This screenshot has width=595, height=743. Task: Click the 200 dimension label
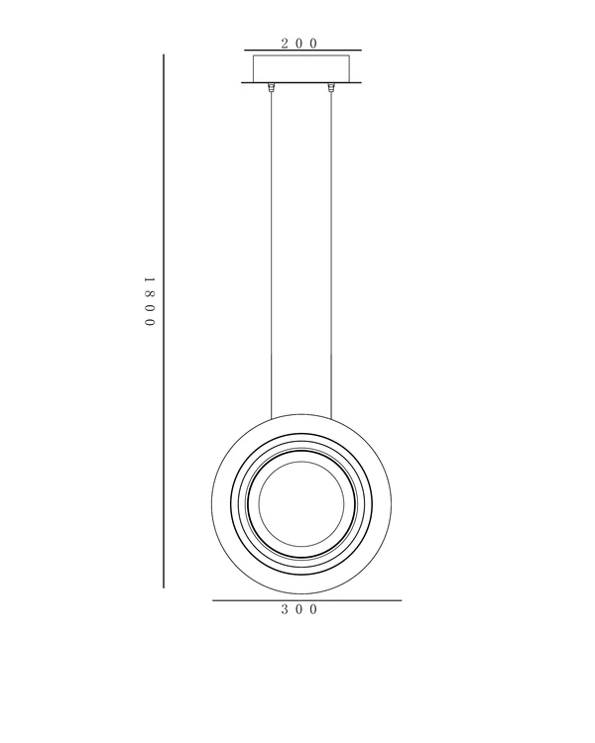click(x=298, y=44)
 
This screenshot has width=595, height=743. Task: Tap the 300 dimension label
click(x=298, y=609)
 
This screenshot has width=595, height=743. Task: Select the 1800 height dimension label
click(x=150, y=302)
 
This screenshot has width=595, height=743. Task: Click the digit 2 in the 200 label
click(x=286, y=44)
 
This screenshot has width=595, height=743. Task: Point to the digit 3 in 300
click(x=286, y=609)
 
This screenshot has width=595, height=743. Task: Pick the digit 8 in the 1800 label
click(x=150, y=294)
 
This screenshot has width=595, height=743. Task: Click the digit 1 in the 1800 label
click(x=150, y=280)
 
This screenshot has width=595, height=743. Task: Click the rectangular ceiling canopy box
click(x=301, y=68)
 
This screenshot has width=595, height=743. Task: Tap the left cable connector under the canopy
click(x=272, y=87)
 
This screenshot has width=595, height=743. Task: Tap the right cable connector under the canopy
click(x=330, y=87)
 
